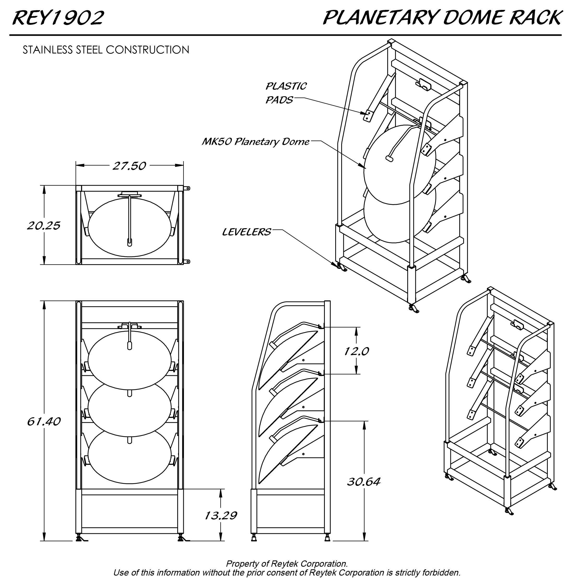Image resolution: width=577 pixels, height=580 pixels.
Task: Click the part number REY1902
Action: [58, 18]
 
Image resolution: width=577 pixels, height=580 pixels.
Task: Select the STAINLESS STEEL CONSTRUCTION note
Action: [106, 50]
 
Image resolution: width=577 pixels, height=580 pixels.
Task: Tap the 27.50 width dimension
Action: [129, 166]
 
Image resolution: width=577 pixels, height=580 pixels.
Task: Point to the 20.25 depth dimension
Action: [44, 226]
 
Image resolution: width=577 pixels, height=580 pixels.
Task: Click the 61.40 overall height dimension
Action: [44, 421]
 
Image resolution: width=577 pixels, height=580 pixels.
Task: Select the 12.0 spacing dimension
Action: [356, 351]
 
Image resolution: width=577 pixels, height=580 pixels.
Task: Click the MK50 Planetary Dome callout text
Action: [255, 142]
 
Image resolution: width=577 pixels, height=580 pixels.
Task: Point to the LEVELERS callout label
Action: [246, 232]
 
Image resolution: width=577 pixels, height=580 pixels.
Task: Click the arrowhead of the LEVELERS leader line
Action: [334, 264]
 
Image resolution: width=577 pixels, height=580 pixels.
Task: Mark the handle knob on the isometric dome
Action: [389, 159]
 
